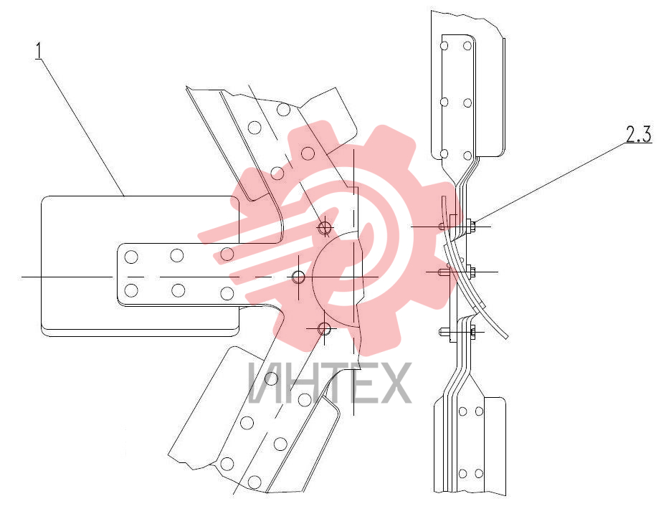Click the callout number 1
point(39,51)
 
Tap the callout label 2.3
point(638,134)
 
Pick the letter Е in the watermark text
point(359,382)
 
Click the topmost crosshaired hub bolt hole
point(324,228)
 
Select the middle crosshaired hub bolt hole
point(298,277)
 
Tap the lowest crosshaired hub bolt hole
point(324,328)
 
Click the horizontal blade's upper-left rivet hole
point(131,257)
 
